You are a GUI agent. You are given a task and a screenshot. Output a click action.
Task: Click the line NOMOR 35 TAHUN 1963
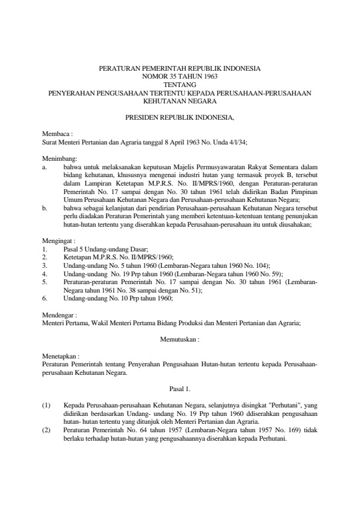pos(180,77)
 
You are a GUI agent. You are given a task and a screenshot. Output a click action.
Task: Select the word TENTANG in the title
pos(180,85)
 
